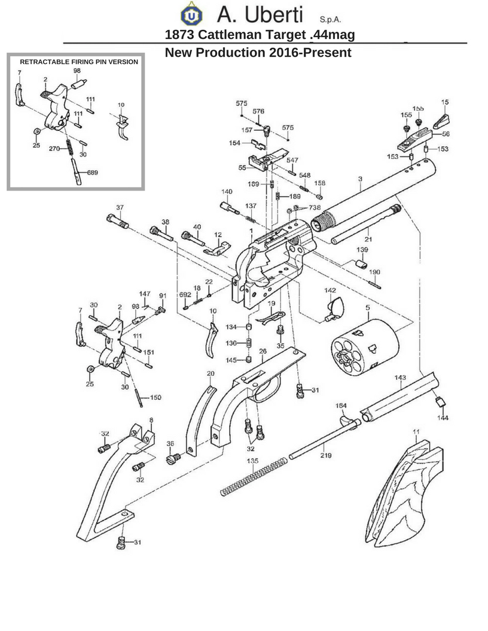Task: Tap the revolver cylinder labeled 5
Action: click(x=365, y=347)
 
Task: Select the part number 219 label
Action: click(x=326, y=455)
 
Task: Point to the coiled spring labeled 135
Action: click(x=254, y=477)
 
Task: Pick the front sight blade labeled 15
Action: click(x=441, y=121)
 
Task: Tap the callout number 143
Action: click(x=400, y=378)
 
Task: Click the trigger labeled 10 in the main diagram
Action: click(x=212, y=339)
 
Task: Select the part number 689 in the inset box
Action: click(x=92, y=173)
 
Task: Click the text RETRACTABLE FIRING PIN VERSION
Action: click(x=79, y=62)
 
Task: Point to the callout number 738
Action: click(x=315, y=208)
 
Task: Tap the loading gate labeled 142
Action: click(x=335, y=309)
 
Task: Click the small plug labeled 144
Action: click(x=440, y=402)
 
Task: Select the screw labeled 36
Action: click(x=173, y=458)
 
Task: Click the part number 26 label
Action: click(x=263, y=351)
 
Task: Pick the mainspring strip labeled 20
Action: click(x=200, y=421)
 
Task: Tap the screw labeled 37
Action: click(x=118, y=221)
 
